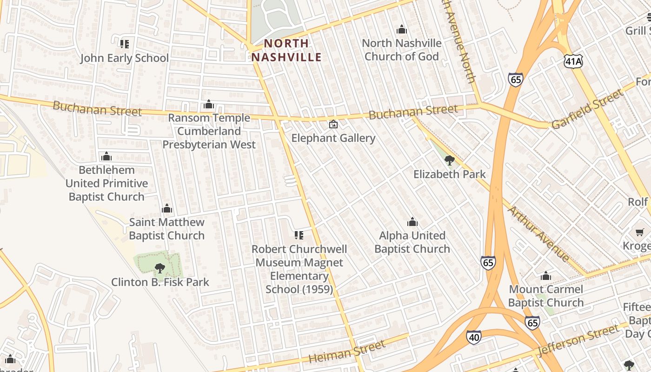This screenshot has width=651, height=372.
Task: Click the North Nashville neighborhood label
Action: (286, 50)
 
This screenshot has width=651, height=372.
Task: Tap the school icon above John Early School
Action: (124, 44)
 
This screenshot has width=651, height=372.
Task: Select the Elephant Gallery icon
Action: (333, 124)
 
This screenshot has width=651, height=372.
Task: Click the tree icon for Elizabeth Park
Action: (449, 160)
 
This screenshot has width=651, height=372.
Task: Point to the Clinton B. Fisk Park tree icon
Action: (160, 268)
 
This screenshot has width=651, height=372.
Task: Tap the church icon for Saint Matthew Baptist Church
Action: (166, 208)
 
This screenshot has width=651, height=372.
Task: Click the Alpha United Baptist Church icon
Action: (412, 222)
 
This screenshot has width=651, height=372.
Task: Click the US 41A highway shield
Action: (573, 61)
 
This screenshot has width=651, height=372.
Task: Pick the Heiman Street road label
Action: (347, 352)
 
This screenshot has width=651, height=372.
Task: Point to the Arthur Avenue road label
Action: (538, 233)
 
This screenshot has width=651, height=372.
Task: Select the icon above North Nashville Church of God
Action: (402, 30)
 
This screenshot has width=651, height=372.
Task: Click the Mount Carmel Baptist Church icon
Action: (546, 276)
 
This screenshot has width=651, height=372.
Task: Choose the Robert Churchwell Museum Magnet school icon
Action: (299, 235)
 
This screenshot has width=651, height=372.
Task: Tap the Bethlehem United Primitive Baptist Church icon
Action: (106, 156)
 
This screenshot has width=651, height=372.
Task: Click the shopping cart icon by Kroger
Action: (640, 232)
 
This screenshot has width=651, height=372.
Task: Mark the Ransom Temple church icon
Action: (209, 104)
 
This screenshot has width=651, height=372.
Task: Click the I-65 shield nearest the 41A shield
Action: (515, 80)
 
